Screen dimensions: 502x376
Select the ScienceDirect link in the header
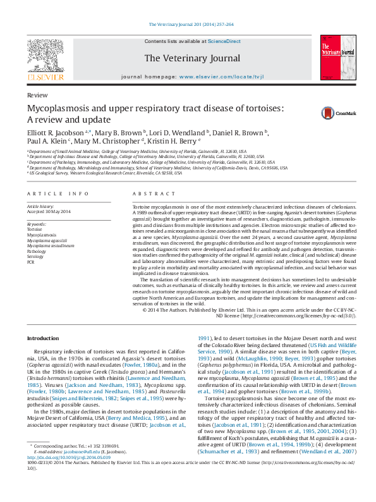point(224,41)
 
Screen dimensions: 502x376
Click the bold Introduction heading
point(44,339)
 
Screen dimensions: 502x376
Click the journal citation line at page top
point(190,24)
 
